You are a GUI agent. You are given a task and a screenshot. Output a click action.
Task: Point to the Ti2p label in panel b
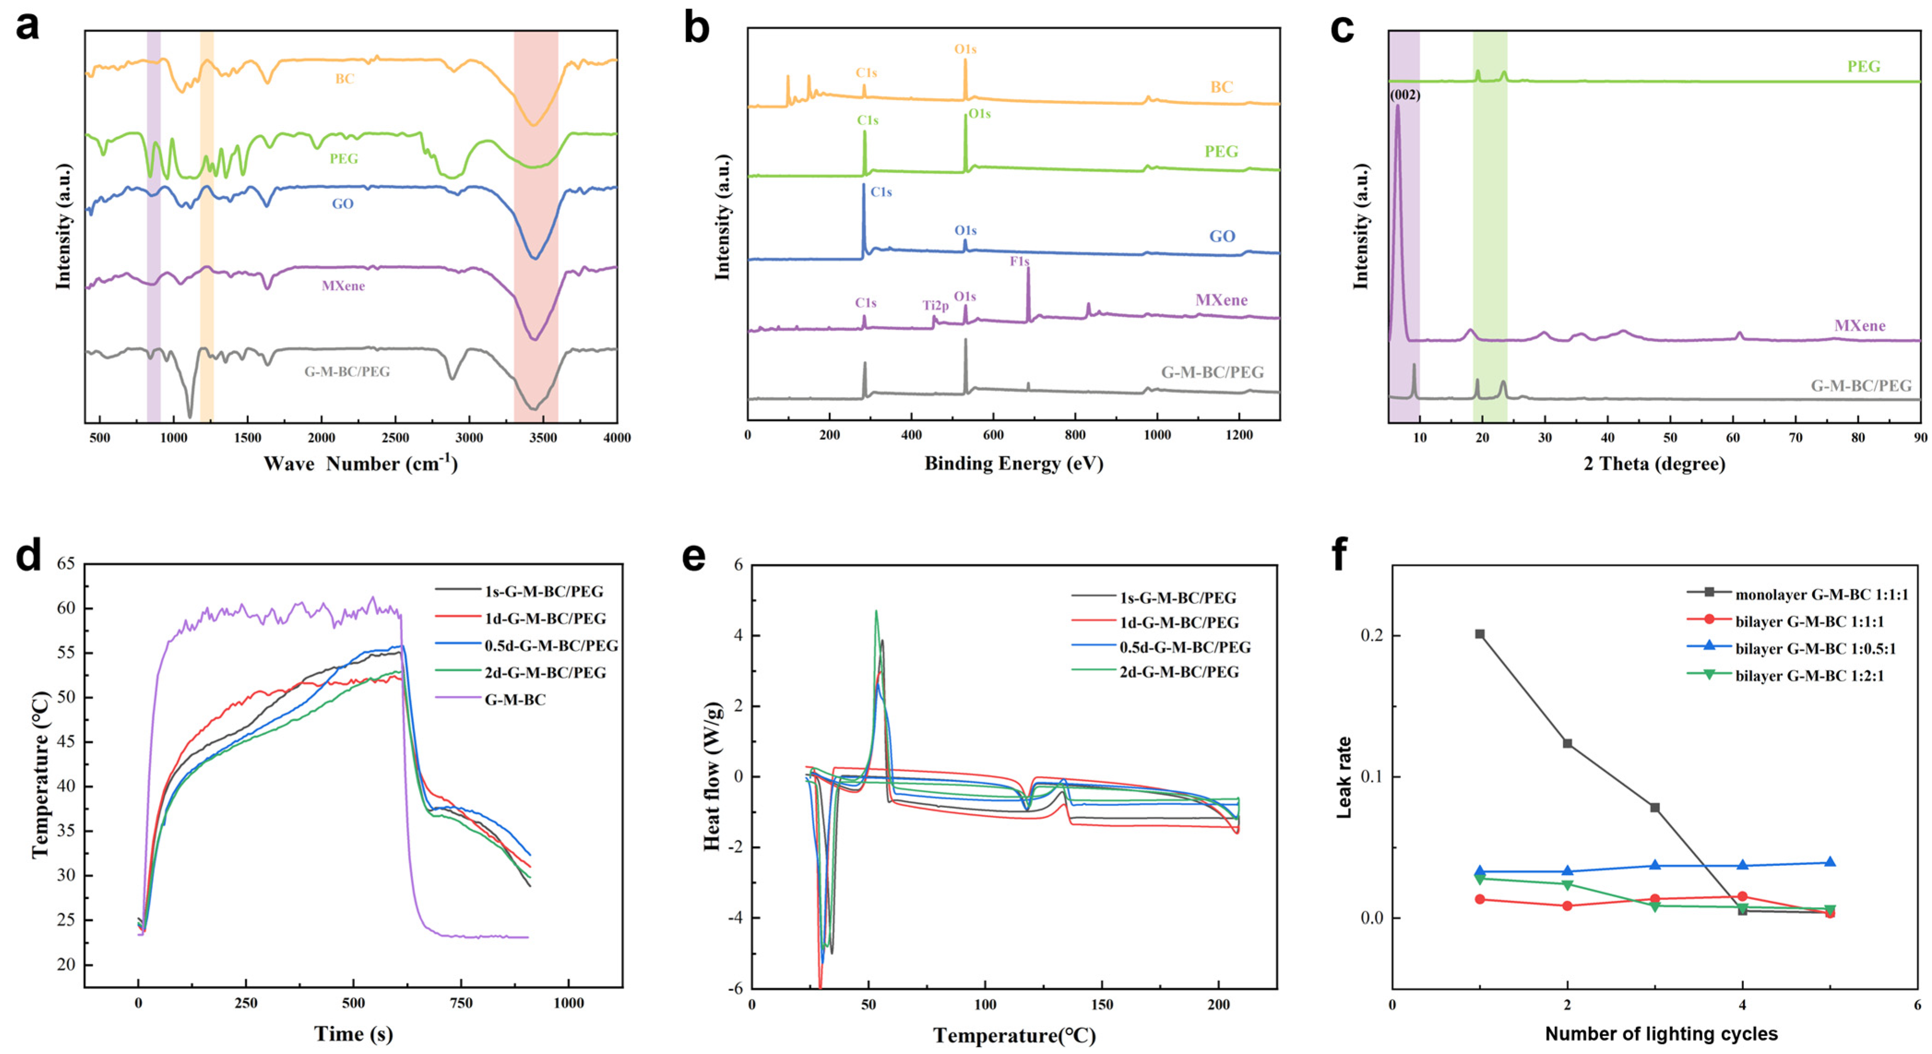click(x=935, y=305)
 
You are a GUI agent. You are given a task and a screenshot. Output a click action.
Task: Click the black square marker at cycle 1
click(x=1480, y=634)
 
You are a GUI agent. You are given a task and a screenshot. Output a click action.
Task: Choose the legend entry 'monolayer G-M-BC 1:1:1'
click(x=1821, y=595)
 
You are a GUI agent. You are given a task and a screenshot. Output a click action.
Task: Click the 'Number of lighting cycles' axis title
click(x=1661, y=1034)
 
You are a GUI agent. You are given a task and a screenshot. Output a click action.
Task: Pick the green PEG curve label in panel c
click(x=1863, y=66)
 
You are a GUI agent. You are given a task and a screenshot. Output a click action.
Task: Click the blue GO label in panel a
click(x=342, y=204)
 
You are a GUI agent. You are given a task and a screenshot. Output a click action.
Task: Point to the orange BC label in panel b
click(x=1221, y=87)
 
